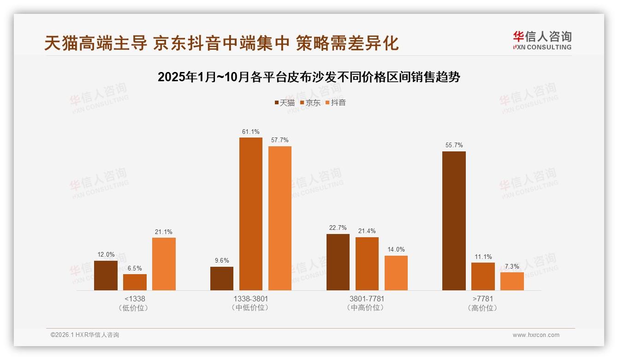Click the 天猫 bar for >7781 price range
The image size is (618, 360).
[x=454, y=221]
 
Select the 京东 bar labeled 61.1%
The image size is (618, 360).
[x=250, y=214]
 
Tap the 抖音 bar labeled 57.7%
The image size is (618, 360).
[x=279, y=218]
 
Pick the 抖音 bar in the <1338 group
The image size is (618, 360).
[x=164, y=264]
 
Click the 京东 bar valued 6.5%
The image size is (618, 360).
[x=135, y=282]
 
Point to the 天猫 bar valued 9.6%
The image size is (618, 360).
[x=221, y=278]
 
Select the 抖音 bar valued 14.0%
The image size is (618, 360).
[x=396, y=273]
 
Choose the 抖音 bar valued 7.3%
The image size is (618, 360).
[x=512, y=281]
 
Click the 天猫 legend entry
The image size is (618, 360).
[x=284, y=102]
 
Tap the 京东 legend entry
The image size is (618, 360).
[x=310, y=102]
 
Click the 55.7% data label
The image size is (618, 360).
[x=454, y=145]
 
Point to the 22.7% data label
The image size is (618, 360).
[x=338, y=228]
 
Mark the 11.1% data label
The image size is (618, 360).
[x=483, y=257]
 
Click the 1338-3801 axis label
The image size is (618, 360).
[x=250, y=299]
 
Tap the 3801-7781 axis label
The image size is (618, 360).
[x=367, y=299]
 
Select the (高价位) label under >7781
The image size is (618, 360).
[x=482, y=308]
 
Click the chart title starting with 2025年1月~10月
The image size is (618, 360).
[x=309, y=77]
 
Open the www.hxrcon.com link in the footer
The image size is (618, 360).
[x=536, y=335]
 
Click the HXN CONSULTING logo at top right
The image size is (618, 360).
[x=542, y=40]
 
